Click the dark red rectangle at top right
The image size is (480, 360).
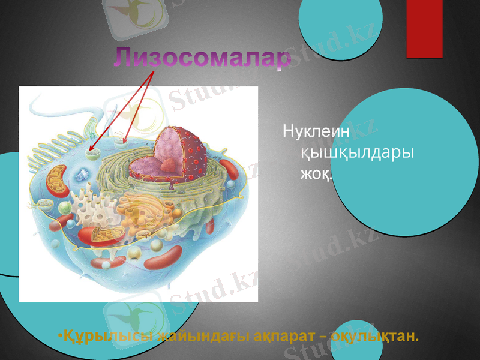424,28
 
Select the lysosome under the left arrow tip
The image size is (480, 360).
92,154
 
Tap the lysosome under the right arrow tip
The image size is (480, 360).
124,143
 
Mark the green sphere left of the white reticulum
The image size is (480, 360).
64,208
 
